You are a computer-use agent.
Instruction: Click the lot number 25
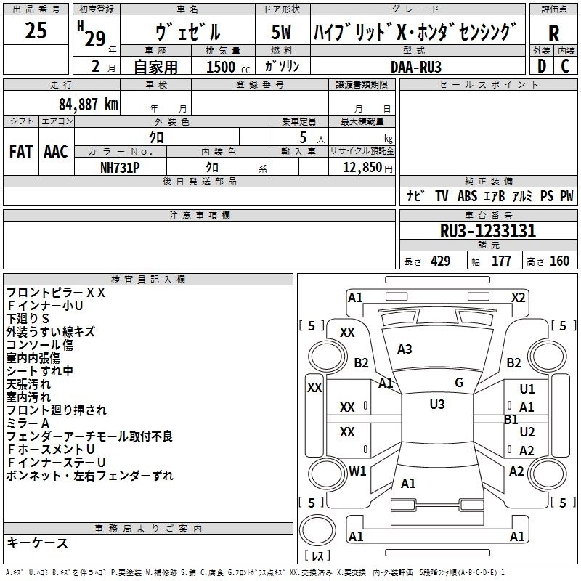point(37,31)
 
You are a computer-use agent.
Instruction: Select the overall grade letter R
point(553,33)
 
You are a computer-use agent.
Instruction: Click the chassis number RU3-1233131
point(488,232)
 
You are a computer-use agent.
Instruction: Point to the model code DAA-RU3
point(415,66)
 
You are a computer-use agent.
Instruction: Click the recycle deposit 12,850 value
point(361,167)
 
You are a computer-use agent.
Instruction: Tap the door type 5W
point(282,33)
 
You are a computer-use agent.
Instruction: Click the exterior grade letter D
point(541,66)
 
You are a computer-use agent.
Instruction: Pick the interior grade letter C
point(565,66)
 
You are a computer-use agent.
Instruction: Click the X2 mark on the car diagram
point(518,297)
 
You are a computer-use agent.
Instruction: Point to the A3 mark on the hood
point(405,349)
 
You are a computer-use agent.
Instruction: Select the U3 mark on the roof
point(436,405)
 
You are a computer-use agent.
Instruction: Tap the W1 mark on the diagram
point(357,471)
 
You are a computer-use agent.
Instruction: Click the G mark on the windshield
point(458,383)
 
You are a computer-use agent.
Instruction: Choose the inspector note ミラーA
point(28,423)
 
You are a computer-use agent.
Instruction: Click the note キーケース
point(37,543)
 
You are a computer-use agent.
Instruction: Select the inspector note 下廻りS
point(28,319)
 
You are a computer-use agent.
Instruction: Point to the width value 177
point(501,261)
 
